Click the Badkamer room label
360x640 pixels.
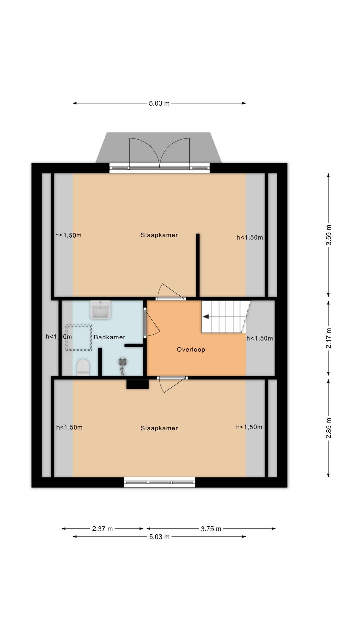coord(109,337)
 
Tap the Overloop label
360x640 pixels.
coord(191,349)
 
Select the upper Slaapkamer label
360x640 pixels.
coord(159,235)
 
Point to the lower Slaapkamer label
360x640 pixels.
coord(159,428)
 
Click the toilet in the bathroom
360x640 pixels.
coord(83,367)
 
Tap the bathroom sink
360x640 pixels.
coord(100,309)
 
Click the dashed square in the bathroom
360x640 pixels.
coord(79,338)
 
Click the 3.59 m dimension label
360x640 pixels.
coord(329,235)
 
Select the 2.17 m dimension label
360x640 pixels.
coord(329,338)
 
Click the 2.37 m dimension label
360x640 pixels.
coord(102,529)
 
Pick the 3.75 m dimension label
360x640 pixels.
coord(211,529)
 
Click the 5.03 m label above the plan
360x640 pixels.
coord(159,103)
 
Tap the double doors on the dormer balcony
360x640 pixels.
coord(160,153)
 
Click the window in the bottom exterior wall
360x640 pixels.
coord(159,482)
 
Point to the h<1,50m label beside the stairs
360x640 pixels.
coord(260,338)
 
